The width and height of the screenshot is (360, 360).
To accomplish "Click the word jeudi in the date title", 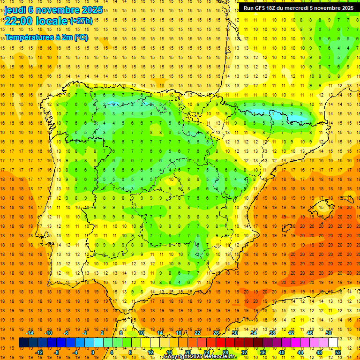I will [x=15, y=10].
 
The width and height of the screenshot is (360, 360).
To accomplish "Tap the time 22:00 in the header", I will [x=18, y=22].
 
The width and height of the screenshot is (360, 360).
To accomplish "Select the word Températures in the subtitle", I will [x=28, y=37].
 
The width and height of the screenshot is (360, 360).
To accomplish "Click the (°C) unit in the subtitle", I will [x=80, y=37].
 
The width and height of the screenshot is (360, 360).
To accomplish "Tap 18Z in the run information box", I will [x=270, y=8].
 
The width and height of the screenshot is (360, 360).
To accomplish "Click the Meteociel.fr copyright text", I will [x=200, y=357].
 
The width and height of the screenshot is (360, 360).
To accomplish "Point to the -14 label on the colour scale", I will [x=30, y=333].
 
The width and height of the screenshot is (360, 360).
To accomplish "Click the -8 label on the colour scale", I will [x=57, y=352].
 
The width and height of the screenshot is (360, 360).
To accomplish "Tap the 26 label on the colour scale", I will [x=216, y=333].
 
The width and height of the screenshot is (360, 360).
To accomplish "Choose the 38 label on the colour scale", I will [x=272, y=333].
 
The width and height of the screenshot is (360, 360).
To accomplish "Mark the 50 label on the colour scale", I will [x=329, y=333].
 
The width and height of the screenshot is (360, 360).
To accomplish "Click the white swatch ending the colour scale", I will [x=333, y=343].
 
